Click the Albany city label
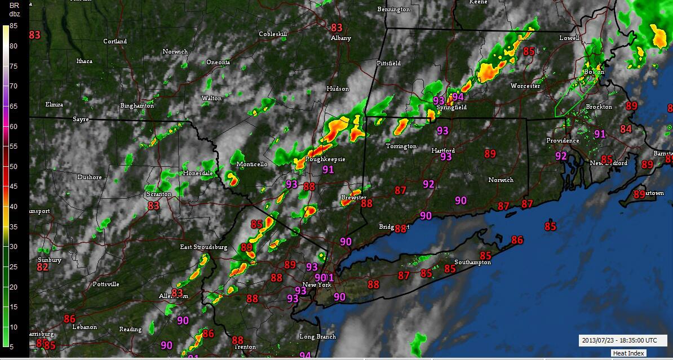pyautogui.click(x=341, y=38)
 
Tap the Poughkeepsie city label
pyautogui.click(x=325, y=159)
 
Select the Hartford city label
pyautogui.click(x=443, y=150)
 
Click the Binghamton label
pyautogui.click(x=137, y=106)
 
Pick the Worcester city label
pyautogui.click(x=525, y=86)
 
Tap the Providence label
pyautogui.click(x=563, y=140)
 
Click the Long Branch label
pyautogui.click(x=317, y=337)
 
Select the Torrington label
pyautogui.click(x=401, y=146)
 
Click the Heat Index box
pyautogui.click(x=628, y=353)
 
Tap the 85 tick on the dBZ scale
pyautogui.click(x=12, y=25)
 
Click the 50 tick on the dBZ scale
pyautogui.click(x=12, y=166)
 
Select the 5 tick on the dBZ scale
pyautogui.click(x=12, y=346)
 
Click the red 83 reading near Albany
pyautogui.click(x=336, y=28)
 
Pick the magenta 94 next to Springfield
pyautogui.click(x=458, y=97)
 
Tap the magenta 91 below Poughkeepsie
pyautogui.click(x=328, y=169)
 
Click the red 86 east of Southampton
pyautogui.click(x=517, y=240)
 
